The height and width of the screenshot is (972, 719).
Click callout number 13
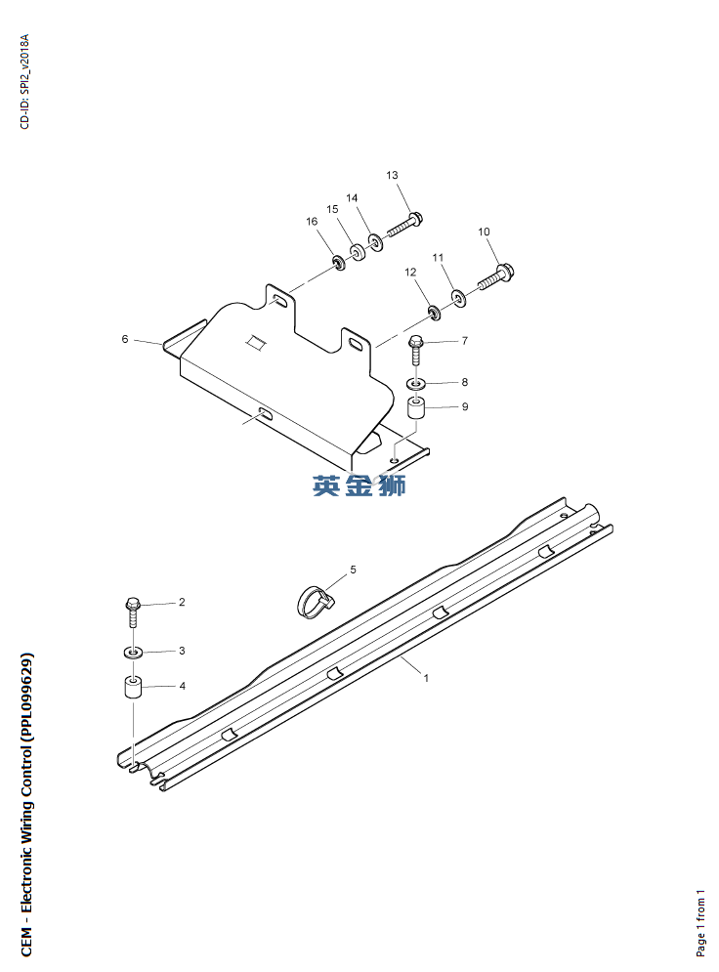click(x=392, y=176)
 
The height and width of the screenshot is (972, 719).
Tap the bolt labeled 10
click(x=496, y=277)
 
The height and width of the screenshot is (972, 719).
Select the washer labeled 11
click(x=459, y=299)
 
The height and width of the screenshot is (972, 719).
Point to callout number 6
click(x=125, y=339)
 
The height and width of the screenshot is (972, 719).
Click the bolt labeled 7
click(x=416, y=351)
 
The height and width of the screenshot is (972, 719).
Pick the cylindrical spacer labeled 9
click(x=416, y=409)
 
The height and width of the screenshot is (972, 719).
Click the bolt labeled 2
click(x=133, y=612)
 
